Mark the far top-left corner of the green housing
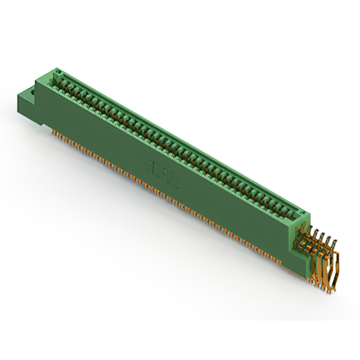(55, 69)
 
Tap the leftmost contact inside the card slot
(60, 82)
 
